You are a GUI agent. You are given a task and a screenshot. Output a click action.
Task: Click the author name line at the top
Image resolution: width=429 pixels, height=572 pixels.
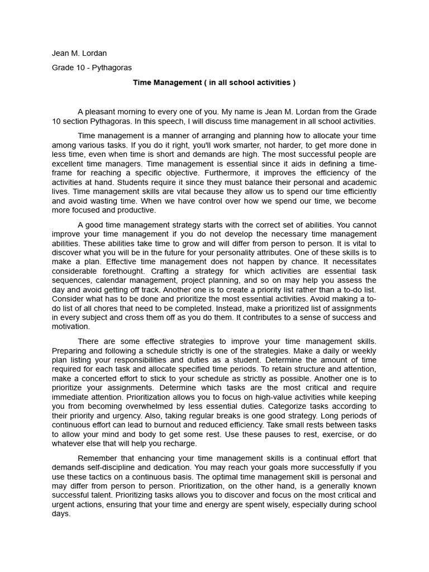pos(79,53)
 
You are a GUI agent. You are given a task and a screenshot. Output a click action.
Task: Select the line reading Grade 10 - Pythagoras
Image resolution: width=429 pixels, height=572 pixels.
pos(92,68)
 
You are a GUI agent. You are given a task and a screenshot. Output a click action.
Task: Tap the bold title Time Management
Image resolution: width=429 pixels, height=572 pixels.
pos(214,83)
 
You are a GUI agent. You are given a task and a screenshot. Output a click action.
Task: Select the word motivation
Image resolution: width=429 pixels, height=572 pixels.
pos(70,327)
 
